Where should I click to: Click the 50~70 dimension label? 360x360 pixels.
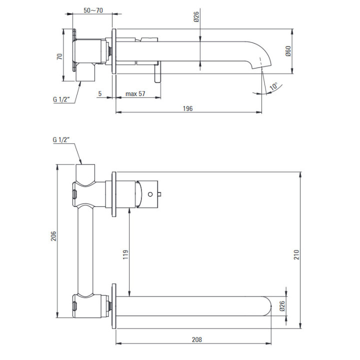tap(93, 10)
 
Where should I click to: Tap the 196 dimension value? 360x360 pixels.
tap(187, 108)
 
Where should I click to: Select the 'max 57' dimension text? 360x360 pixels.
tap(135, 93)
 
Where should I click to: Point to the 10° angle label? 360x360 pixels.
tap(274, 86)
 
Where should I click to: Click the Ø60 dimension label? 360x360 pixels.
tap(288, 50)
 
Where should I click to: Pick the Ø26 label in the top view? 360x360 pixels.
tap(196, 17)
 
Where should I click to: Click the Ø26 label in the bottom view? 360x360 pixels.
tap(282, 306)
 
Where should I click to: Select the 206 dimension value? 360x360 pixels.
tap(53, 236)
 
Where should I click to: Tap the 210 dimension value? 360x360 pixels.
tap(296, 254)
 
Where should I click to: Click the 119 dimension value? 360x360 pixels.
tap(125, 254)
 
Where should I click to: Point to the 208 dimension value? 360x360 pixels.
tap(197, 339)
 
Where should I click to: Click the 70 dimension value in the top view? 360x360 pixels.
tap(59, 56)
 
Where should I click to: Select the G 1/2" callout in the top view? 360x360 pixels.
tap(61, 99)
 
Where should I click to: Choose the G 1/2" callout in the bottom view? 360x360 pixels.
tap(61, 139)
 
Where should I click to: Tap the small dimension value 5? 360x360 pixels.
tap(100, 93)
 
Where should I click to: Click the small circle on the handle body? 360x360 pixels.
tap(150, 194)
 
